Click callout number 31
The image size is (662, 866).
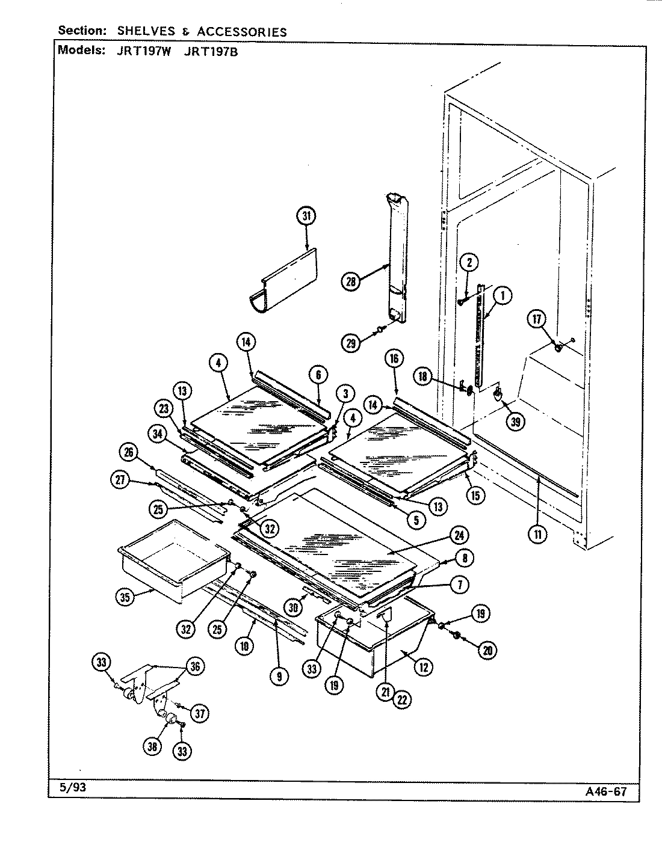point(306,216)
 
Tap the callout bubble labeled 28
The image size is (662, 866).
point(351,281)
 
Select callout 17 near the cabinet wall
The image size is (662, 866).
point(537,319)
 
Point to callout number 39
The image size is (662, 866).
point(515,422)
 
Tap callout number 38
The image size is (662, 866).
point(152,746)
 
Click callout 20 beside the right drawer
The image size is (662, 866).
point(488,649)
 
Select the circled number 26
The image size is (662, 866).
point(129,452)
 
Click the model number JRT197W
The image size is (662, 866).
point(144,51)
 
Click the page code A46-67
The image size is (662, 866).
point(605,791)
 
